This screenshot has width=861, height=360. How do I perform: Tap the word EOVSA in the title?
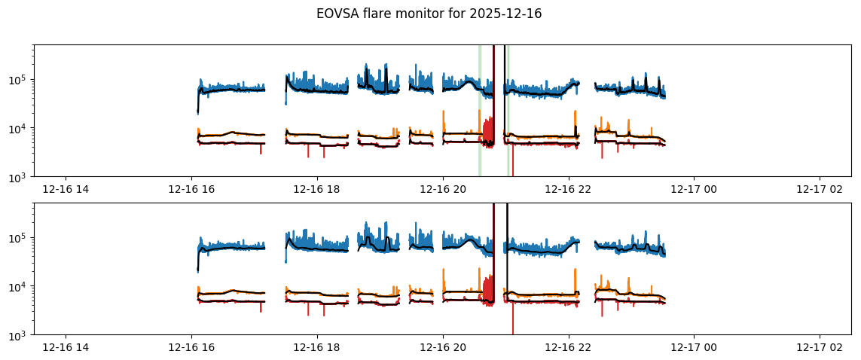point(337,14)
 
